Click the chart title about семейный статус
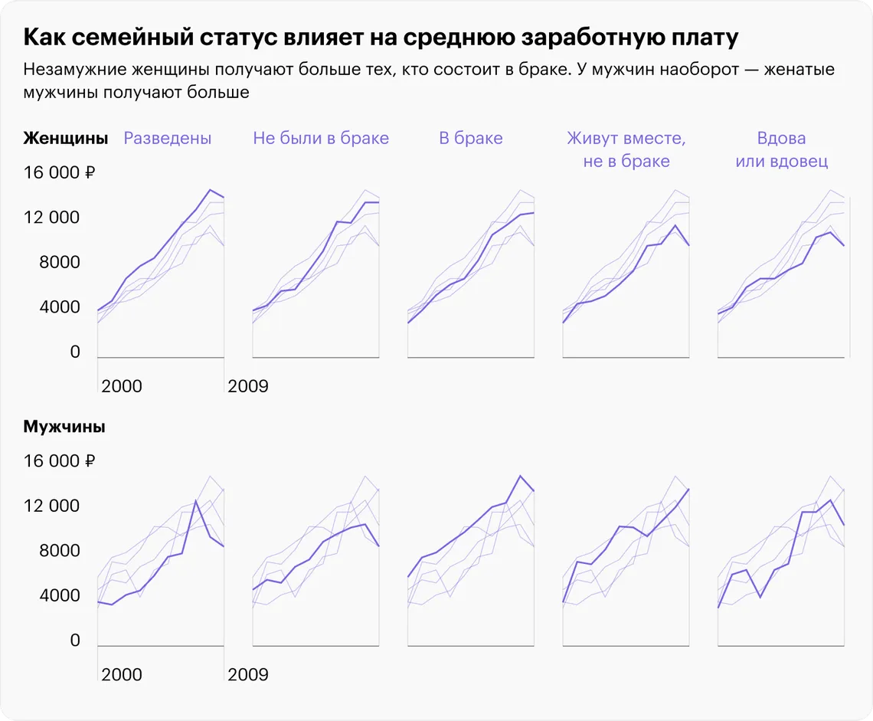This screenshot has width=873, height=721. click(x=381, y=38)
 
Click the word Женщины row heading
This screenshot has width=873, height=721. click(x=65, y=139)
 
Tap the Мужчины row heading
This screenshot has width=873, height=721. click(x=64, y=427)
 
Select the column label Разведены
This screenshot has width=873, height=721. click(x=168, y=139)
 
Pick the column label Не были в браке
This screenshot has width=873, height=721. click(x=321, y=139)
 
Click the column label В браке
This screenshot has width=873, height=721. click(x=471, y=139)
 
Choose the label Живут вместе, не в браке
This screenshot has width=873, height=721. click(x=626, y=149)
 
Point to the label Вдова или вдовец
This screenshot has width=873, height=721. click(x=781, y=149)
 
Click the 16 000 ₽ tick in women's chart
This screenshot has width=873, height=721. click(x=59, y=173)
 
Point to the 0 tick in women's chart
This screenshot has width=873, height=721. click(x=75, y=352)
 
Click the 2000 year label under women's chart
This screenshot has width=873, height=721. click(x=122, y=385)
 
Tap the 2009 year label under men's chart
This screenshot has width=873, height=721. click(x=248, y=674)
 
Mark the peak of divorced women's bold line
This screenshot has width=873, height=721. click(x=210, y=190)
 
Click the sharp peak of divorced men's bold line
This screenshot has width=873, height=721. click(x=196, y=501)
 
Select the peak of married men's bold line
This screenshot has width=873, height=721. click(x=520, y=476)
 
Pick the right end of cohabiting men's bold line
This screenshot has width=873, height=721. click(x=689, y=489)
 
